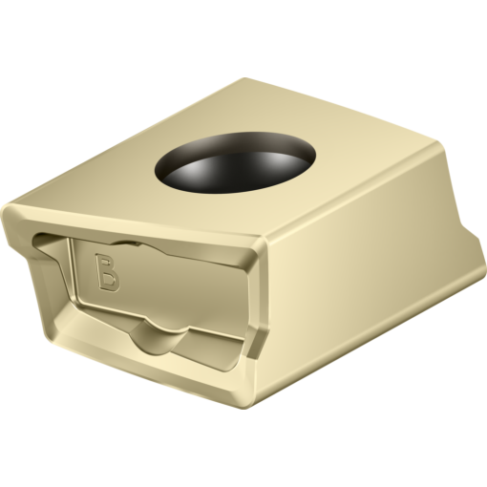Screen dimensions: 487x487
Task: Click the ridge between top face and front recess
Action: (x=143, y=229)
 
